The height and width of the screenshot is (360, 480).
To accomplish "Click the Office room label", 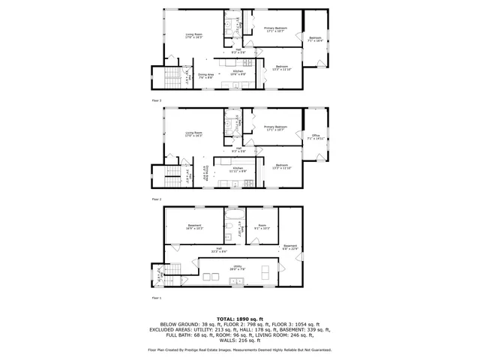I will coord(316,137).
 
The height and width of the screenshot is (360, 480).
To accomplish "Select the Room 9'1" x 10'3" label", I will coord(262,227).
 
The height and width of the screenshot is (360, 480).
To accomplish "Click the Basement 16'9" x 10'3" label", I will coord(194,227).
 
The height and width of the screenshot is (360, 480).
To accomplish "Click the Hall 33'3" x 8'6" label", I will coord(220,250).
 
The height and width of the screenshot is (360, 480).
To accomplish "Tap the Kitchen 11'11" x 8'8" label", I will coord(238,169).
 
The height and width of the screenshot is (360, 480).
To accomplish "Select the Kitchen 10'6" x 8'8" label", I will coord(238,73).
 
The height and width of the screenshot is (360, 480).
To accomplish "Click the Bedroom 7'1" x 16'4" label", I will coord(316,39).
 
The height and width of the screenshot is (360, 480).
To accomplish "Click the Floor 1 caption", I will coord(156,298).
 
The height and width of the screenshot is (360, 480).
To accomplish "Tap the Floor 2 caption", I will coord(156,199).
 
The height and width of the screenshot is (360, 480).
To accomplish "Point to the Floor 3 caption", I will coord(156,100).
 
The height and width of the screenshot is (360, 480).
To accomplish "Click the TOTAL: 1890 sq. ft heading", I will coord(239,318).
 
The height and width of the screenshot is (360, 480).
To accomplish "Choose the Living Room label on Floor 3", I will coord(195,35).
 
